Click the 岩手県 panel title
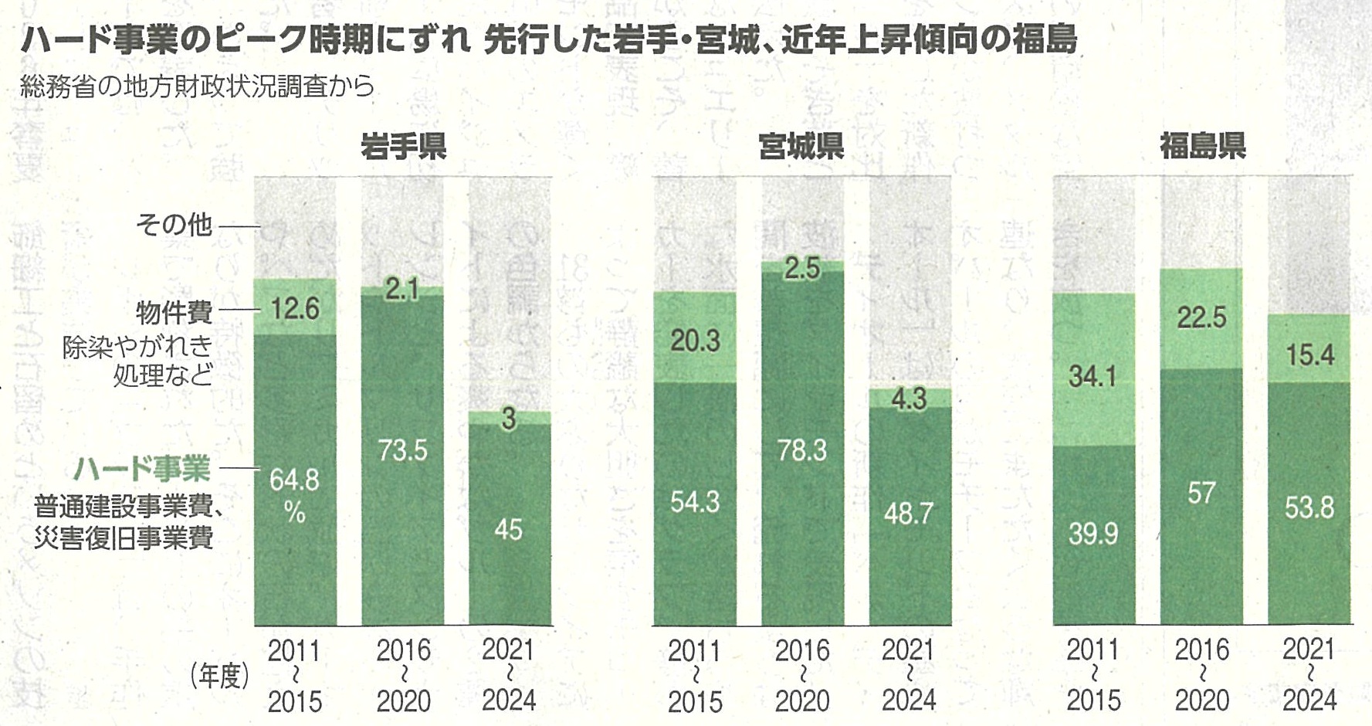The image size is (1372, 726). coord(403,146)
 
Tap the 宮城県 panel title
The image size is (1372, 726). coord(801,146)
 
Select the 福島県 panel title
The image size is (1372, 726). coord(1202,146)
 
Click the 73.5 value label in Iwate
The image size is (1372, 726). coord(403,450)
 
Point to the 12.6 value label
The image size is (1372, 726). coord(295,309)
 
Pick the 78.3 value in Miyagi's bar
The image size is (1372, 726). coord(802,450)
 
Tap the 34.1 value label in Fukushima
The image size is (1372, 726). coord(1093,376)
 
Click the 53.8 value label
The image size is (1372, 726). coord(1309,507)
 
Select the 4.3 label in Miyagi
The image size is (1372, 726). coord(909,399)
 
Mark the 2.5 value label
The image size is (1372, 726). coord(802,269)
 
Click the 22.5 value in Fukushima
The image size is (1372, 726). coord(1201,317)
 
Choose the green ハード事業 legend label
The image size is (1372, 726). coord(142,469)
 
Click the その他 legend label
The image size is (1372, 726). coord(174,225)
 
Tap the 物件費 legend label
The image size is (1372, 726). coord(174,313)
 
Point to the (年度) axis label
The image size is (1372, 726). coord(219,677)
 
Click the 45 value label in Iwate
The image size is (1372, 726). coord(508,530)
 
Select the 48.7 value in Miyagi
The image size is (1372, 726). coord(909,513)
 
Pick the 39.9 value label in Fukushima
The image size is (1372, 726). coord(1093,534)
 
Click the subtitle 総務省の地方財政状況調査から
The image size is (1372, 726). coord(197,87)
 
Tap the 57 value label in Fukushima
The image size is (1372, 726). coord(1201,493)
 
